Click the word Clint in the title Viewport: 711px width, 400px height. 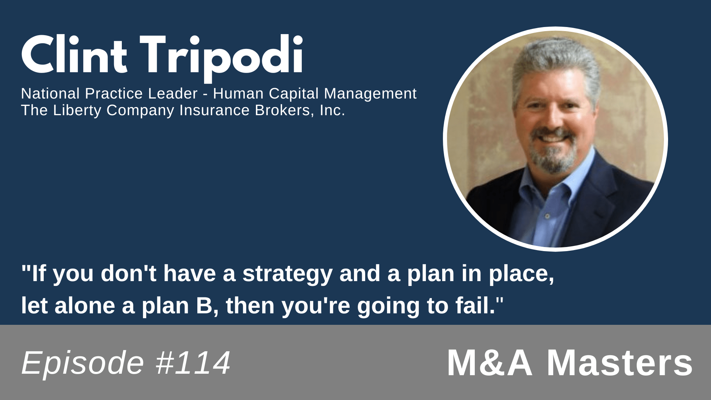74,55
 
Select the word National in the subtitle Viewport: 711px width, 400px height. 50,94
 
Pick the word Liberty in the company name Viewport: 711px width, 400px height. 77,111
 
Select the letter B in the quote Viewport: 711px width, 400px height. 204,306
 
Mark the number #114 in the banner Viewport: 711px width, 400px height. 193,363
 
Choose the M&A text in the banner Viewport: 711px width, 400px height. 490,363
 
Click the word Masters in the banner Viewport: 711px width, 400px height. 620,363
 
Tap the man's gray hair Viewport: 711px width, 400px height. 555,63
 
